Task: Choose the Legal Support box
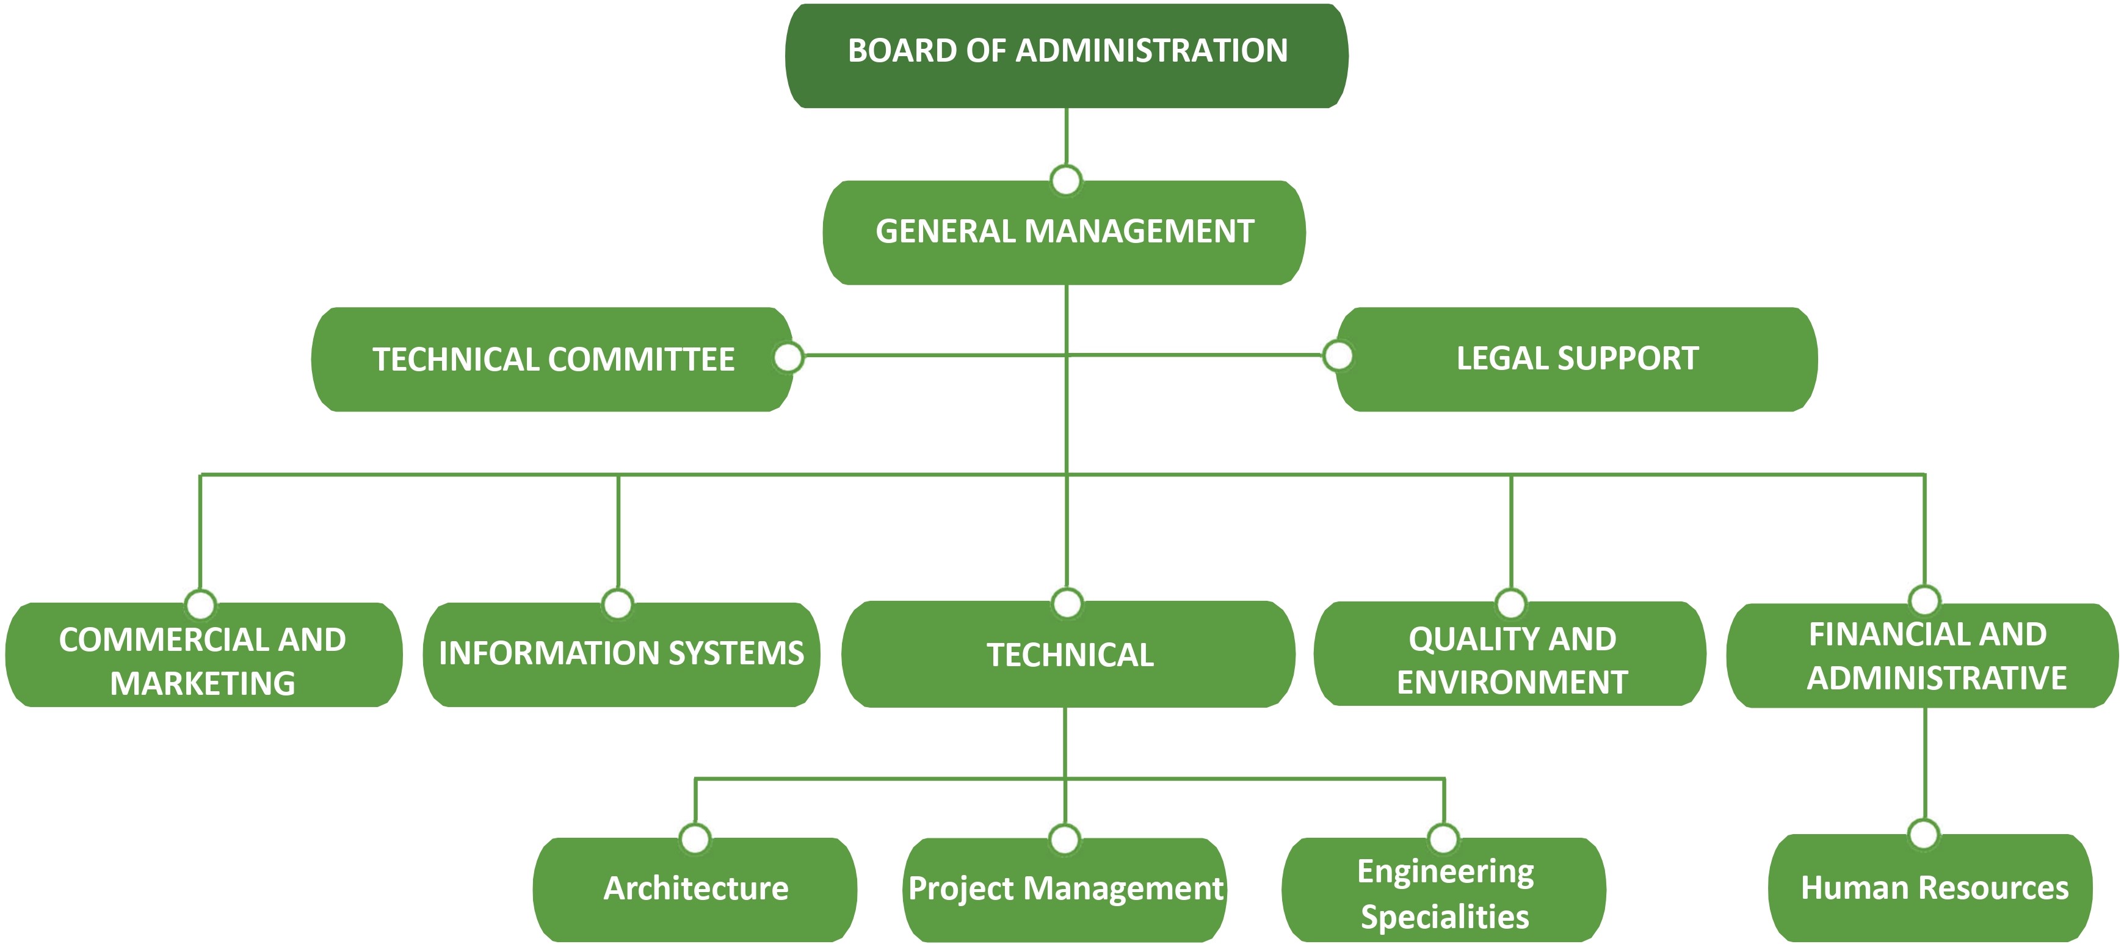pyautogui.click(x=1576, y=360)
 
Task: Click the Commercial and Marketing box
pyautogui.click(x=203, y=655)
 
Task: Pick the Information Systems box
pyautogui.click(x=621, y=655)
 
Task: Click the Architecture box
pyautogui.click(x=695, y=890)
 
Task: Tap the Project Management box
pyautogui.click(x=1065, y=890)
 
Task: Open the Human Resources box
pyautogui.click(x=1934, y=889)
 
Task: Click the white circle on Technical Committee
pyautogui.click(x=788, y=357)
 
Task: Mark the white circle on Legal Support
pyautogui.click(x=1338, y=356)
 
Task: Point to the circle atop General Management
pyautogui.click(x=1066, y=180)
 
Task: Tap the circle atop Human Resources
pyautogui.click(x=1924, y=833)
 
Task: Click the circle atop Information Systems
pyautogui.click(x=618, y=603)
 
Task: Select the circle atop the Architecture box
pyautogui.click(x=695, y=838)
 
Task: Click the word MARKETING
pyautogui.click(x=203, y=683)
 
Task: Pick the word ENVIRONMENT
pyautogui.click(x=1512, y=683)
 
